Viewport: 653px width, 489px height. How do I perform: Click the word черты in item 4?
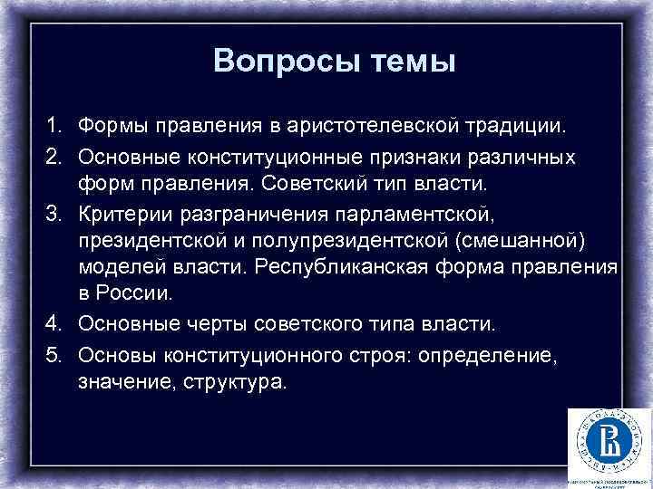[x=203, y=323]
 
